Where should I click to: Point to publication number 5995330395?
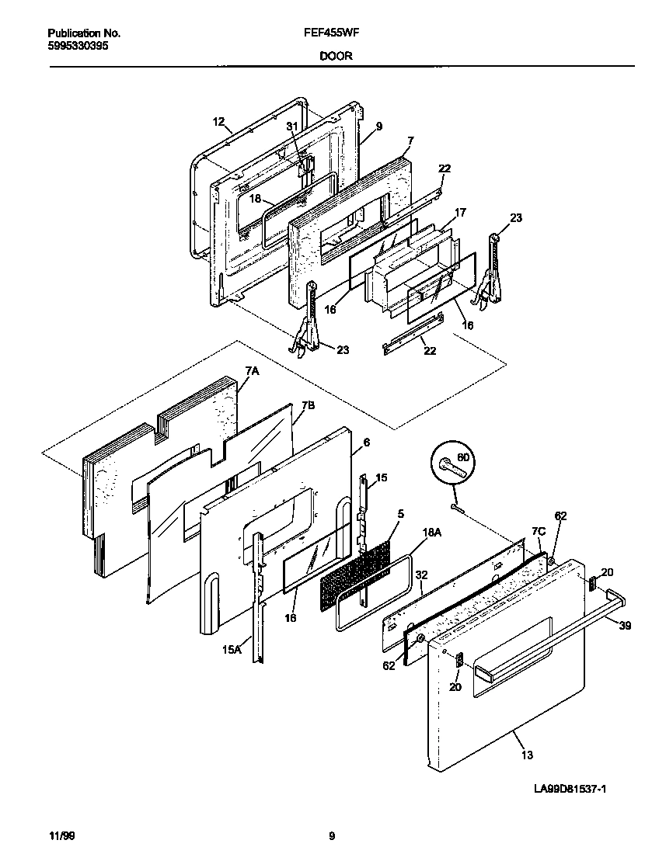tap(78, 46)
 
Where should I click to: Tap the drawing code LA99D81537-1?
tap(570, 790)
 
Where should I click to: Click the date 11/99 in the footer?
tap(61, 836)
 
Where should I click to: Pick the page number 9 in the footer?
tap(332, 836)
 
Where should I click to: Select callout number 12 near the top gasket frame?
tap(218, 121)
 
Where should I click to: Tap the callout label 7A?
tap(253, 372)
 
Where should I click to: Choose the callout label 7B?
tap(308, 405)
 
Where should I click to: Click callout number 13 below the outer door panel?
tap(526, 754)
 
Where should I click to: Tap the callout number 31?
tap(292, 126)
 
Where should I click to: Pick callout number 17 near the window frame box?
tap(460, 211)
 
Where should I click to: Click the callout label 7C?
tap(539, 531)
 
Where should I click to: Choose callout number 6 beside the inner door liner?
tap(365, 441)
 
